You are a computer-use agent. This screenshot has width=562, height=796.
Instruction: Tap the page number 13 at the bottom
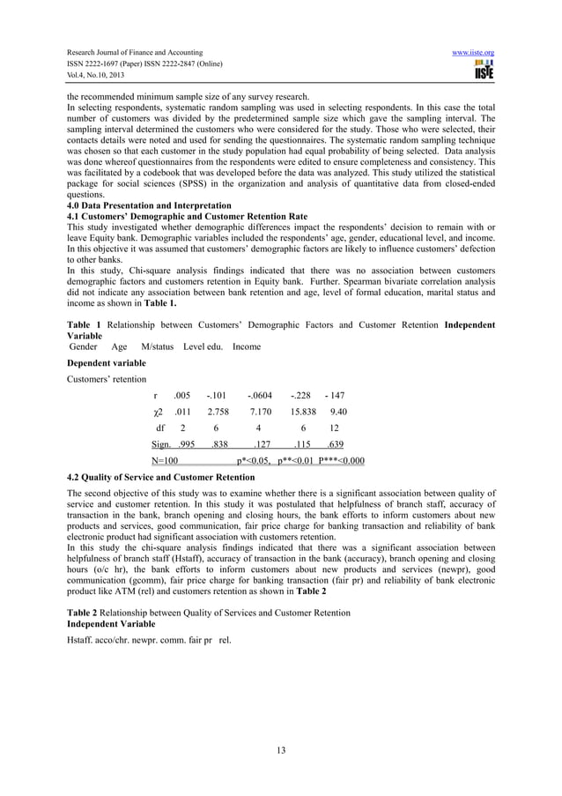281,750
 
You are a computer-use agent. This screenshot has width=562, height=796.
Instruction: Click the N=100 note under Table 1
165,460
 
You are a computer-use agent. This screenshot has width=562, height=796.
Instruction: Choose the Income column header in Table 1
247,346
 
